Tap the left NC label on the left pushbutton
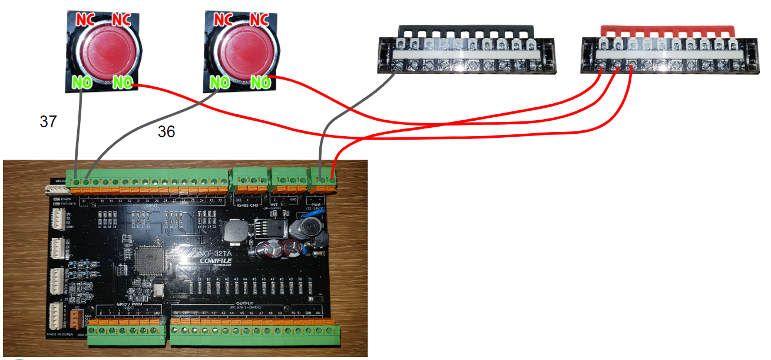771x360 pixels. [85, 19]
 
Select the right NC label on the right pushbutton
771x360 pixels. [259, 19]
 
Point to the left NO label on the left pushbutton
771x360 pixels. [82, 83]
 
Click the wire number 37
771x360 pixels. [48, 122]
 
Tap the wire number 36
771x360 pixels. [166, 132]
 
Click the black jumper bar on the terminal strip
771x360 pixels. [466, 29]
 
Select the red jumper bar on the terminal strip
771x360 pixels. [668, 29]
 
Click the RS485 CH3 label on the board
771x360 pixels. [247, 206]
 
